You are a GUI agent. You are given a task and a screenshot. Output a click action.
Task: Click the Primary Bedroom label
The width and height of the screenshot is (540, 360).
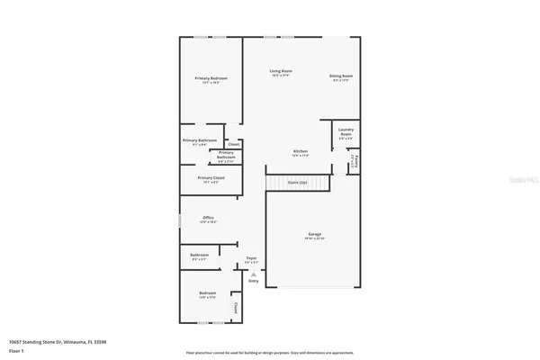[211, 79]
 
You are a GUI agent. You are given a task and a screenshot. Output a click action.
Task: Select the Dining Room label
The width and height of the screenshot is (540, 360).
[342, 76]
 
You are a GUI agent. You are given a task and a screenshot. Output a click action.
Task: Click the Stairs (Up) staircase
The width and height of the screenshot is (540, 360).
[297, 183]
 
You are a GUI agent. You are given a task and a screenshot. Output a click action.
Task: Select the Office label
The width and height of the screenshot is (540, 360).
[208, 218]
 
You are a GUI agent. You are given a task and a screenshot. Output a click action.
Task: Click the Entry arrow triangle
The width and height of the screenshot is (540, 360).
[253, 274]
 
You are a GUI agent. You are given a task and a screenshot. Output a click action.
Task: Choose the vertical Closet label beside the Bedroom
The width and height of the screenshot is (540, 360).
[236, 308]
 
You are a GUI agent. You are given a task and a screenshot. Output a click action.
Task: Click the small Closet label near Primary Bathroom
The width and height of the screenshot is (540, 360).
[233, 144]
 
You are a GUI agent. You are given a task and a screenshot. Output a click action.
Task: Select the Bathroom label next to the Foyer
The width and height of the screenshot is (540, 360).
[200, 256]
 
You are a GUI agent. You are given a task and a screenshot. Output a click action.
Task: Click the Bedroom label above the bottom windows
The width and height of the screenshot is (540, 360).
[207, 294]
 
